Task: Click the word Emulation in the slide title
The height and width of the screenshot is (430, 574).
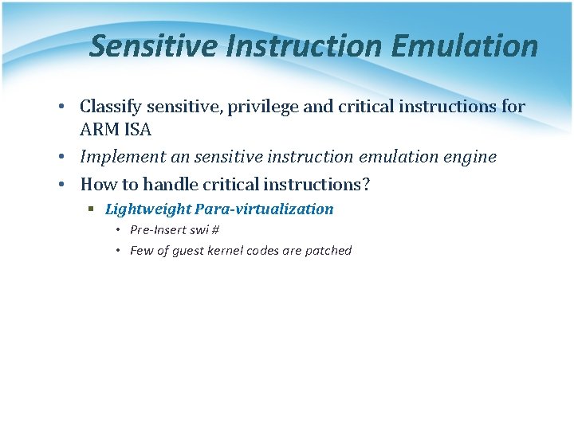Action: click(465, 46)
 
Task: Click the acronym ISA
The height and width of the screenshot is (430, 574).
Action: click(137, 130)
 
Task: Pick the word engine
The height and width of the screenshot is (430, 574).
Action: click(469, 157)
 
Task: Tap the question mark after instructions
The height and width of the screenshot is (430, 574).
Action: click(366, 184)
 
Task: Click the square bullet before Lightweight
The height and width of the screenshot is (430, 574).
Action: click(92, 209)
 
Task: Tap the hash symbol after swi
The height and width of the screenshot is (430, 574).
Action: click(215, 230)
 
